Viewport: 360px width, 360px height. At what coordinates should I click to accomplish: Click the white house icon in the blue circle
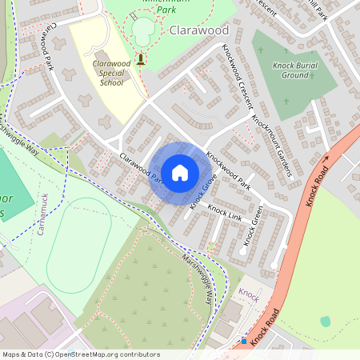click(x=180, y=173)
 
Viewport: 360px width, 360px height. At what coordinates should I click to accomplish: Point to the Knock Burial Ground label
click(x=294, y=70)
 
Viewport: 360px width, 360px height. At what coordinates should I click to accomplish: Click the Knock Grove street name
click(x=203, y=193)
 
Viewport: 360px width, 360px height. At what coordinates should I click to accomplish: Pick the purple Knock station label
click(x=249, y=295)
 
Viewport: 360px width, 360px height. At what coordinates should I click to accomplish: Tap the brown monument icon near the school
click(x=142, y=58)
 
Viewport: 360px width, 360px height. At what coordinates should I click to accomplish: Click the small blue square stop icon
click(x=244, y=340)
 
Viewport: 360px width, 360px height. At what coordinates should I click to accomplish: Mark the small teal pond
click(x=325, y=321)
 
